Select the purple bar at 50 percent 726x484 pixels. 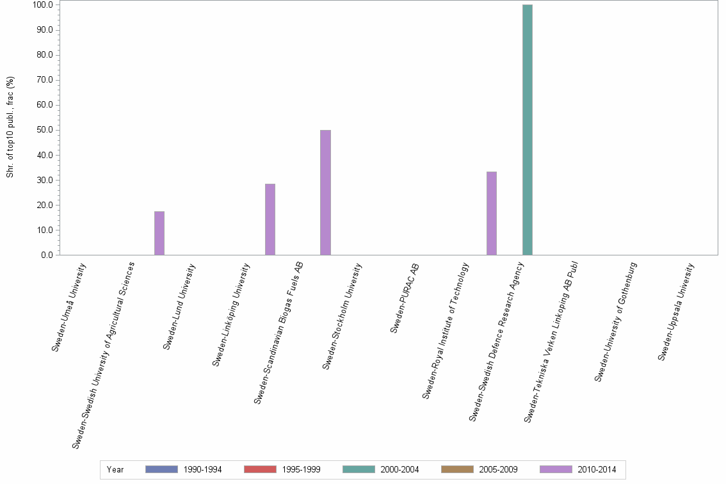point(325,192)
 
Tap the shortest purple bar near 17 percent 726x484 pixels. point(159,233)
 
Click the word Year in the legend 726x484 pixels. point(115,470)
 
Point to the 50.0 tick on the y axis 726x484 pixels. point(44,130)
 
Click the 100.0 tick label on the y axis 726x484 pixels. point(42,5)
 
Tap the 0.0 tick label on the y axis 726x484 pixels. point(46,255)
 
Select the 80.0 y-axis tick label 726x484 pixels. point(44,55)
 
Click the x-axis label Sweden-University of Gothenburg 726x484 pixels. point(616,322)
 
